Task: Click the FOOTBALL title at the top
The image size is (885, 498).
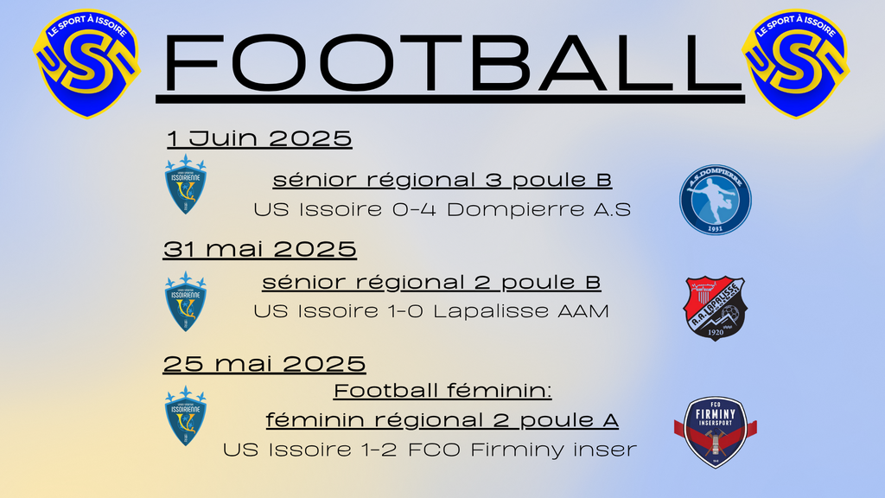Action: [x=450, y=63]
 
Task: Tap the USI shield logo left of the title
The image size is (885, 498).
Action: [x=86, y=63]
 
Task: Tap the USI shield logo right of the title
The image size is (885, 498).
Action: [x=796, y=63]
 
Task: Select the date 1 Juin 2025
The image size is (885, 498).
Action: [x=259, y=139]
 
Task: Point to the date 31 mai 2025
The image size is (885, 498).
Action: [x=259, y=250]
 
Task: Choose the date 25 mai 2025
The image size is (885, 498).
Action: [x=264, y=364]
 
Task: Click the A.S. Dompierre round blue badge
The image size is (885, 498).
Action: [x=715, y=200]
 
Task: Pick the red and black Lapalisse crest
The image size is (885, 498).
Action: [x=715, y=309]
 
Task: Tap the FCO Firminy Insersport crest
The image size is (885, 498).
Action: [x=715, y=432]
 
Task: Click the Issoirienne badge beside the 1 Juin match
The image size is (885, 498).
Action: [x=186, y=184]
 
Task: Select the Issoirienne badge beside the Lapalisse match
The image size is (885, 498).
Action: [x=186, y=302]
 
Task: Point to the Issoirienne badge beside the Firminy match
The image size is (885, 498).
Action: [x=186, y=416]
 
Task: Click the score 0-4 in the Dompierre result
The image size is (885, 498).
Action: [x=415, y=210]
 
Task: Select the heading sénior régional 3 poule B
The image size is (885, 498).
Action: [x=442, y=180]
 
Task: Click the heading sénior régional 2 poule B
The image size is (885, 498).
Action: [x=432, y=283]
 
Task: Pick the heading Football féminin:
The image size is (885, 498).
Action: [x=442, y=391]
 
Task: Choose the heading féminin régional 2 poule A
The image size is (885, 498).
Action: [x=442, y=420]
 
